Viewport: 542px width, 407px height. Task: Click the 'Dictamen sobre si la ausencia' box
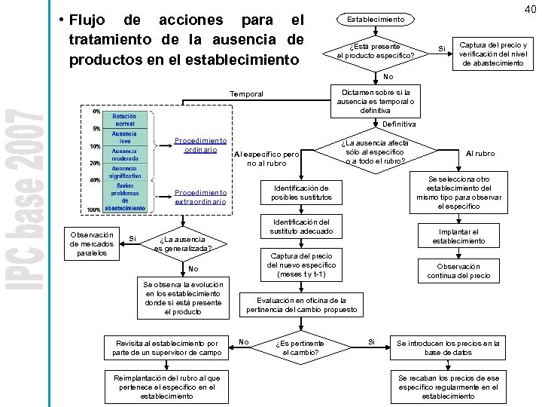[x=375, y=95]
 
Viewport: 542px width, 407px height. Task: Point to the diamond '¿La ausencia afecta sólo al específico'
[x=375, y=152]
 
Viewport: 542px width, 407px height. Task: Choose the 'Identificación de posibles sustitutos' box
[x=302, y=192]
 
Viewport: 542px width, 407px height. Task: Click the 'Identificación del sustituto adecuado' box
[x=301, y=227]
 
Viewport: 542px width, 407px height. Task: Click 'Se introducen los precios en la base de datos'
[x=448, y=347]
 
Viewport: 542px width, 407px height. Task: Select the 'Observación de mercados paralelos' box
[x=91, y=243]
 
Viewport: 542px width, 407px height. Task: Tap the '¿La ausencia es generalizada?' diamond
[x=182, y=243]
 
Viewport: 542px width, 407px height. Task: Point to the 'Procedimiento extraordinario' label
[x=199, y=197]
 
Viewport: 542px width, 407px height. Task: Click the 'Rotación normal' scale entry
[x=124, y=121]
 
